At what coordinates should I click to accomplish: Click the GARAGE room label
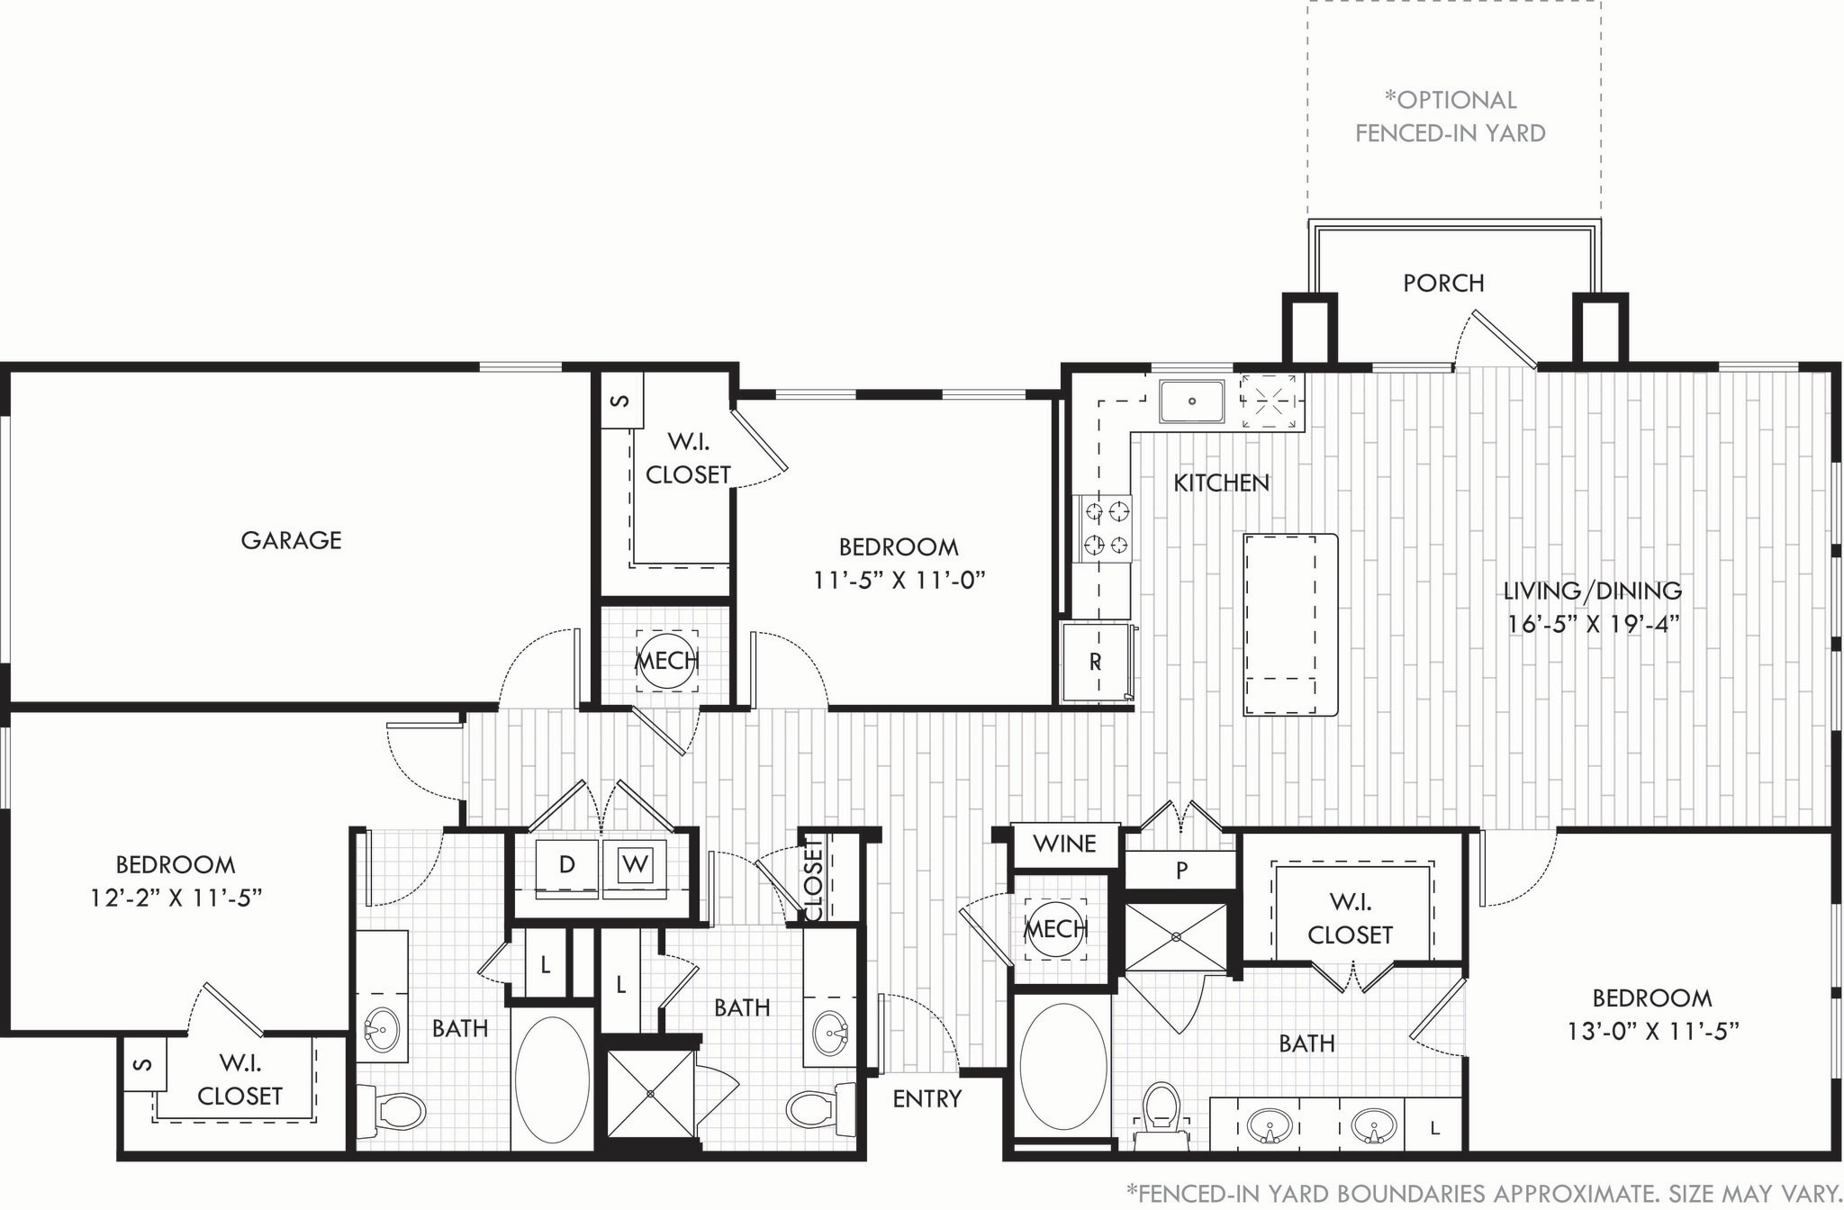[x=291, y=540]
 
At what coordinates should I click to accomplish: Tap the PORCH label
[x=1443, y=283]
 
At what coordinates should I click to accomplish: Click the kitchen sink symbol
[x=1191, y=402]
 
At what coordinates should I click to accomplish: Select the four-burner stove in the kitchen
[x=1107, y=528]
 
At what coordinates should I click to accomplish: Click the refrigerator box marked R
[x=1095, y=662]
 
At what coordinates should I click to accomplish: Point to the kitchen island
[x=1289, y=625]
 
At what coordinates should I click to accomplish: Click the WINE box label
[x=1064, y=844]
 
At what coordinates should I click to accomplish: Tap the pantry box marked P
[x=1181, y=870]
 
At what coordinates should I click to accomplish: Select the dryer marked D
[x=566, y=865]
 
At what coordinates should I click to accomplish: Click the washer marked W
[x=635, y=865]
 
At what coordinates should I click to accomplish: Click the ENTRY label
[x=927, y=1098]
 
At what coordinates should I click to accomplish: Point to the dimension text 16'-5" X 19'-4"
[x=1593, y=624]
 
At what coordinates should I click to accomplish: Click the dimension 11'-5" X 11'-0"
[x=899, y=580]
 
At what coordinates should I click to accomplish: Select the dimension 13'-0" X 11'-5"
[x=1652, y=1031]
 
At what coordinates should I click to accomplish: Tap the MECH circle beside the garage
[x=666, y=661]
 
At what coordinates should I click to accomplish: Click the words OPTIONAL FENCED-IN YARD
[x=1450, y=117]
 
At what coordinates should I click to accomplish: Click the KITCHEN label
[x=1221, y=483]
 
